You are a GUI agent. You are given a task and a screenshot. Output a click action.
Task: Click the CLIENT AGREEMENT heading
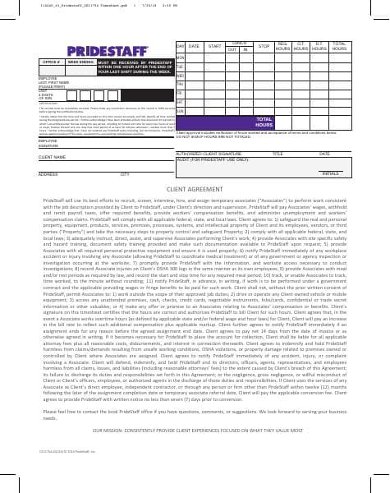(x=194, y=189)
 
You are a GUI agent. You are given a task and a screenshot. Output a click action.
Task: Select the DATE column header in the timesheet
(x=194, y=47)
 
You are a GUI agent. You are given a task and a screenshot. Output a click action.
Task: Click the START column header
(x=215, y=47)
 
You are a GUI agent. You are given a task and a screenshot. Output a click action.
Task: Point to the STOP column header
(x=264, y=47)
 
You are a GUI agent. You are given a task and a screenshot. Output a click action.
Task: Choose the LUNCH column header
(x=239, y=43)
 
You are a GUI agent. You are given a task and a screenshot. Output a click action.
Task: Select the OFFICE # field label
(x=52, y=62)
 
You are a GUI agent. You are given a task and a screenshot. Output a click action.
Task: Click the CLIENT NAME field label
(x=52, y=157)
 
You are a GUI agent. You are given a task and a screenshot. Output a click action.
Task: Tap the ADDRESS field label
(x=48, y=174)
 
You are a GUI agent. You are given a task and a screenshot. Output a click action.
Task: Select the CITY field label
(x=125, y=174)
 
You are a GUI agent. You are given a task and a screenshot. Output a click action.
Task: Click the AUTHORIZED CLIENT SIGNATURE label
(x=210, y=153)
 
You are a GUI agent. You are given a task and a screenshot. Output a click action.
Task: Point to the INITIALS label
(x=331, y=174)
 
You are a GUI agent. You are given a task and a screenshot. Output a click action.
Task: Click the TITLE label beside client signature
(x=278, y=153)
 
